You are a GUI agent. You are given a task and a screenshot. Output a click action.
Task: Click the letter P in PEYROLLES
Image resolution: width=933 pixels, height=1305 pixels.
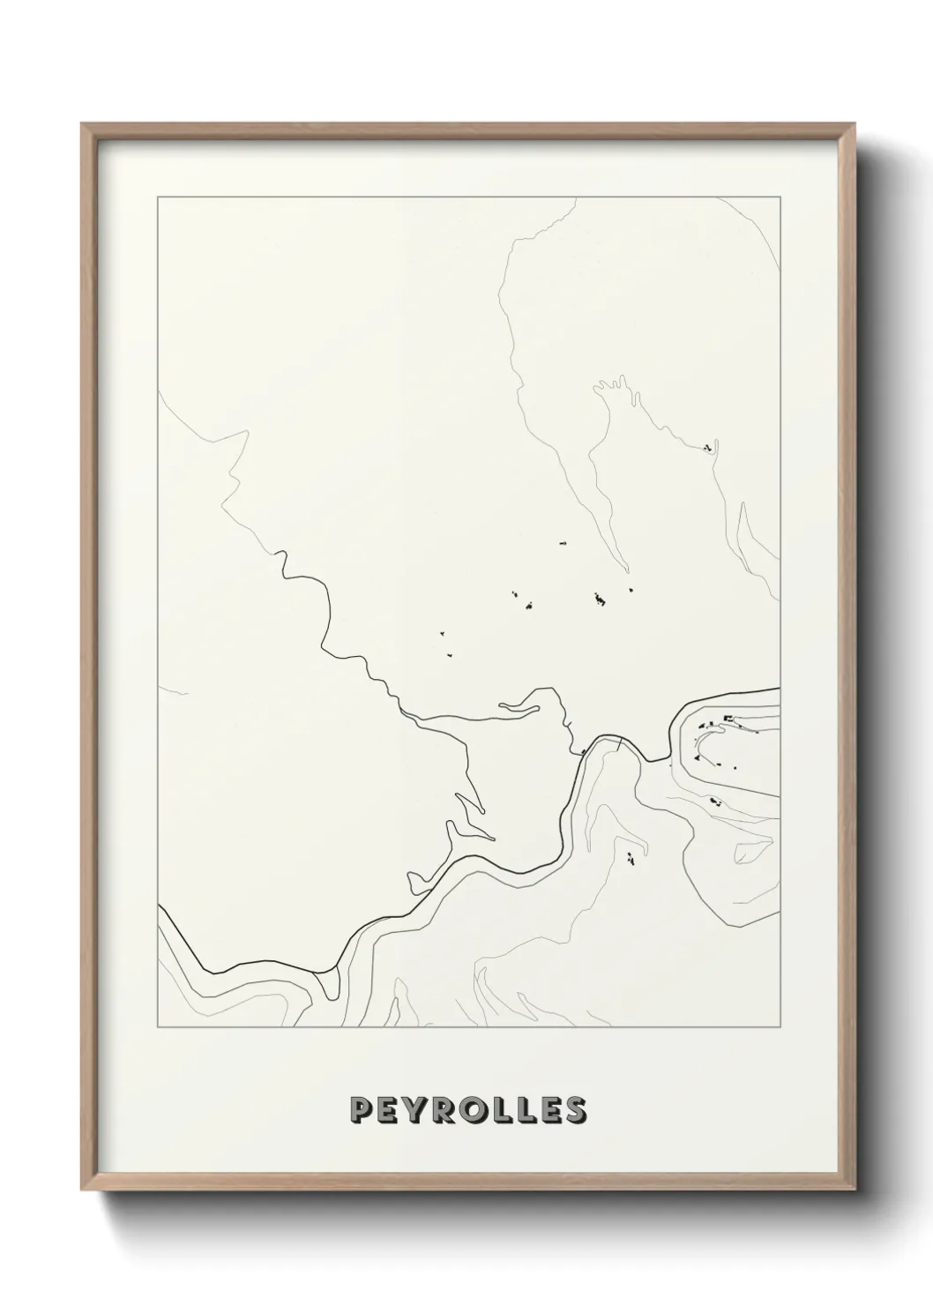360,1110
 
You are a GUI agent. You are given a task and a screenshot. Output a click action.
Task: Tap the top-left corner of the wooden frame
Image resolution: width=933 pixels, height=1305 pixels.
83,125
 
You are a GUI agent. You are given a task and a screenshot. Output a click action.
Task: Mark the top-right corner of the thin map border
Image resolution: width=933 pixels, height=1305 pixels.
780,197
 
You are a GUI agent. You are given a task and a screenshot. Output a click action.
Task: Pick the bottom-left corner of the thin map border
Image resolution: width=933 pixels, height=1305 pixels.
157,1027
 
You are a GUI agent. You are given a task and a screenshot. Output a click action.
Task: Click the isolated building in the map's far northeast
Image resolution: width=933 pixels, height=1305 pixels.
707,448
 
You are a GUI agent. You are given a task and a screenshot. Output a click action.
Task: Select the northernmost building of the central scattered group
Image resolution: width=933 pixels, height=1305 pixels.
561,544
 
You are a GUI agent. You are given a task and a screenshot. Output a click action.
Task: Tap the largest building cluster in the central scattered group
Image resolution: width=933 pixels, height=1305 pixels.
601,600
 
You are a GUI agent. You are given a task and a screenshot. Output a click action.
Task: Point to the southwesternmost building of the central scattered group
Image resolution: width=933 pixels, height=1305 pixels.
449,654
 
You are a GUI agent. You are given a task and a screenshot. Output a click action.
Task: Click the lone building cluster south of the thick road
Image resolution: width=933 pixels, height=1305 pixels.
631,857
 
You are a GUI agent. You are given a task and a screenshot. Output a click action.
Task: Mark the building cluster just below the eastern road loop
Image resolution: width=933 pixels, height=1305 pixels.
714,802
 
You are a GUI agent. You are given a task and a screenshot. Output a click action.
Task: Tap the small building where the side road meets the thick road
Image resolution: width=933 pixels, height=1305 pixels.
584,752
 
